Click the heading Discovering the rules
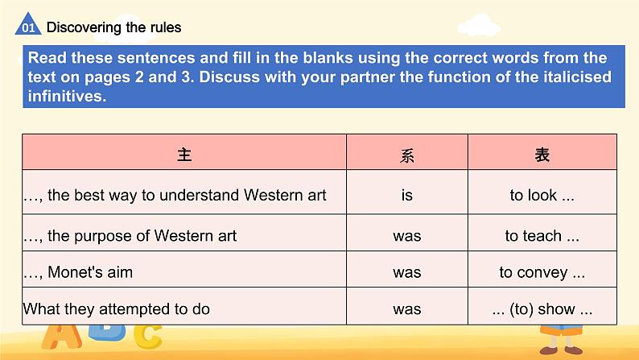click(x=113, y=27)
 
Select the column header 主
click(x=184, y=154)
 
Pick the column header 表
click(x=542, y=154)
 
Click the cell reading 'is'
click(x=406, y=195)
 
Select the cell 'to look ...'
click(x=542, y=195)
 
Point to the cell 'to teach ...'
click(x=542, y=236)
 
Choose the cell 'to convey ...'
click(x=542, y=272)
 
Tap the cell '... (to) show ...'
click(x=542, y=308)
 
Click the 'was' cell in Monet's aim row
click(x=406, y=272)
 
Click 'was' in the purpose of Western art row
click(x=406, y=236)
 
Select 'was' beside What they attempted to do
click(x=406, y=308)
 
